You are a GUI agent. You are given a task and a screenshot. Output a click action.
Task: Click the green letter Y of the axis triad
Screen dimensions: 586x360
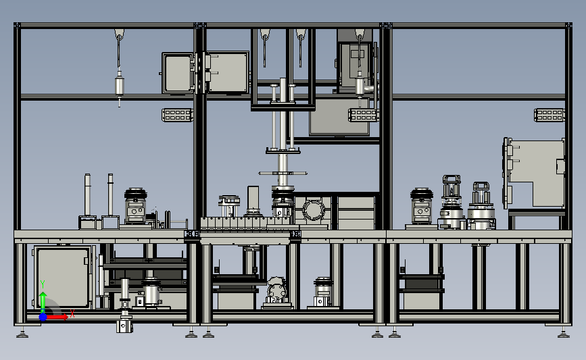[43, 284]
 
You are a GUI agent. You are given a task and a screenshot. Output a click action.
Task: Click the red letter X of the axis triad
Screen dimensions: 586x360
[72, 313]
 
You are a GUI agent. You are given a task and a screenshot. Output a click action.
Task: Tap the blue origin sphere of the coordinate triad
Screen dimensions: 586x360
[43, 317]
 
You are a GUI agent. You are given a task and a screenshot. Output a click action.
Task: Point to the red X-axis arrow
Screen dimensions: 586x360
[56, 317]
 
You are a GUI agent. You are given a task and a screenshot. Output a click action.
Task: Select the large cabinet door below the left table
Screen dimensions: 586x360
[63, 277]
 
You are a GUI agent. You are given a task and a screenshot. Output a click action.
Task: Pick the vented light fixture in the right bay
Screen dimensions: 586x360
[549, 115]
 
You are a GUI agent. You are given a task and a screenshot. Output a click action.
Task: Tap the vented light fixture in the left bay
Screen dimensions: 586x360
[178, 115]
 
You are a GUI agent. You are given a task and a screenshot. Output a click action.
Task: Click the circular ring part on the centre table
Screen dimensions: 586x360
[313, 211]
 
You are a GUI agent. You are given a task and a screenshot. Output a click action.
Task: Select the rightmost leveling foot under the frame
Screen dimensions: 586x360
[564, 333]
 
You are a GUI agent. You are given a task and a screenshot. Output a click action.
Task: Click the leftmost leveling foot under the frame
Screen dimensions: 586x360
[22, 333]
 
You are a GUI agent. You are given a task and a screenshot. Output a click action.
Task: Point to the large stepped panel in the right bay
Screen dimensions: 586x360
[535, 172]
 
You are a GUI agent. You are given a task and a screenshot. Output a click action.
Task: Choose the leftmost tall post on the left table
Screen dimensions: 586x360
[87, 195]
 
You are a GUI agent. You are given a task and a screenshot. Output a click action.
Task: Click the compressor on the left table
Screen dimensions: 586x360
[135, 206]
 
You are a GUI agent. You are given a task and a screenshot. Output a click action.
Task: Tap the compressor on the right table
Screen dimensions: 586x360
[422, 207]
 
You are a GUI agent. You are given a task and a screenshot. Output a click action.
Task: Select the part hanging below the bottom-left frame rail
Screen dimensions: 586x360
[124, 324]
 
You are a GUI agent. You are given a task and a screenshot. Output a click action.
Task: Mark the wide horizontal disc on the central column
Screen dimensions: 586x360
[283, 174]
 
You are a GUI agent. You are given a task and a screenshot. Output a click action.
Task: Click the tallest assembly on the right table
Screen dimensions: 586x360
[451, 202]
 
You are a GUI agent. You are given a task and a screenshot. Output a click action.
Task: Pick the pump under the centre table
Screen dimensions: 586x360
[276, 291]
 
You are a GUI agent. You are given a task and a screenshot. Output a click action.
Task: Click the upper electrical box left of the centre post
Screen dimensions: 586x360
[178, 73]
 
